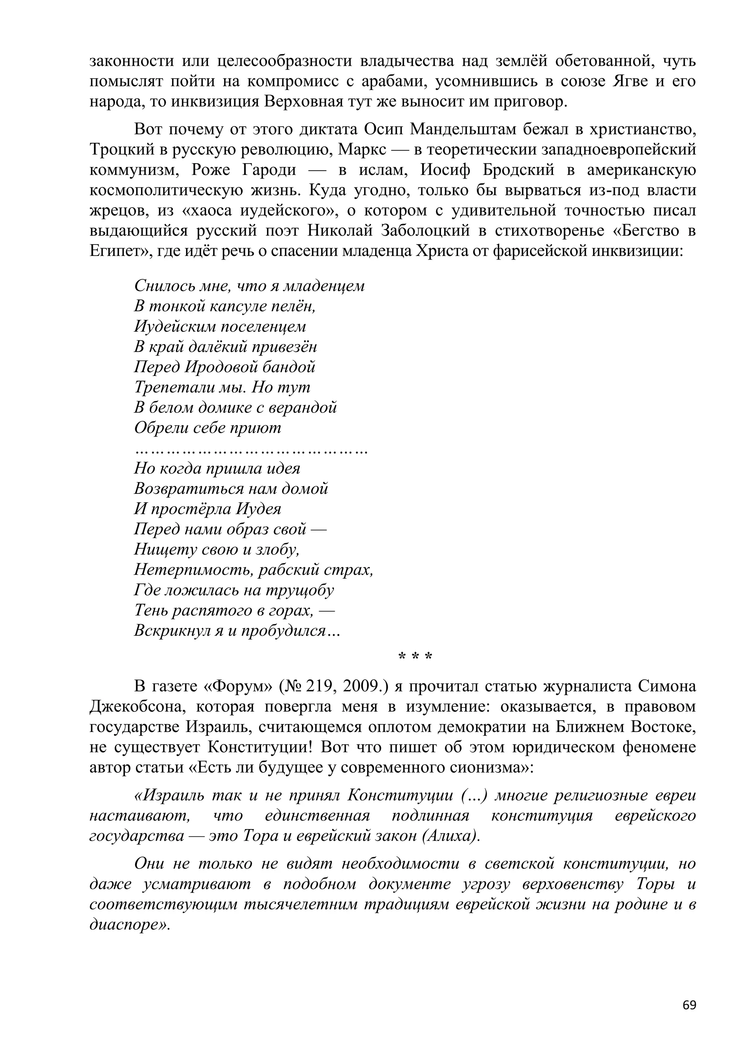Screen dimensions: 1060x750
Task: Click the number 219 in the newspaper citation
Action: [321, 687]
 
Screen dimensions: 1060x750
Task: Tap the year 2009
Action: [363, 687]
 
